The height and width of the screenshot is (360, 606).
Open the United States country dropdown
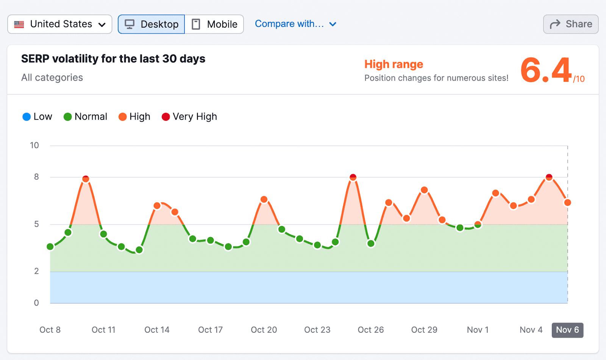(x=60, y=24)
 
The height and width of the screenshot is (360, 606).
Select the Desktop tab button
(x=151, y=24)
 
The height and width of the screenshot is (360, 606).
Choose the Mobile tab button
(x=214, y=24)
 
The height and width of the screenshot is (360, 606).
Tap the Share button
(x=571, y=24)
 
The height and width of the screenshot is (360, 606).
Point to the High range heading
(x=394, y=64)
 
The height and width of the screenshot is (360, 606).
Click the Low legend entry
(x=37, y=117)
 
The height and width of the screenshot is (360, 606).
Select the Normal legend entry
(x=86, y=117)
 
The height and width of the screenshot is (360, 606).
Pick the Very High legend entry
(x=189, y=117)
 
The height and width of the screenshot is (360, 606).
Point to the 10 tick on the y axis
(x=34, y=145)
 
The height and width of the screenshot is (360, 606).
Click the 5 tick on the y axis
(x=36, y=224)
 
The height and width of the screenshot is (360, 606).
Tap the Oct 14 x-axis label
(x=157, y=330)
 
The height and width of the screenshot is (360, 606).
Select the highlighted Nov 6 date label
(x=567, y=330)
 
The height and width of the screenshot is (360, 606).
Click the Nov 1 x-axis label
(x=478, y=330)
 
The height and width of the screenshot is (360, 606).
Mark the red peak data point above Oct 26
(x=353, y=177)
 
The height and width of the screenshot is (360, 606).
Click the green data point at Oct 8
(x=50, y=247)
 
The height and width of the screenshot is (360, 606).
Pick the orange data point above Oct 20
(x=264, y=199)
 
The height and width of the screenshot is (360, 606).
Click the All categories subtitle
(x=52, y=78)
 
